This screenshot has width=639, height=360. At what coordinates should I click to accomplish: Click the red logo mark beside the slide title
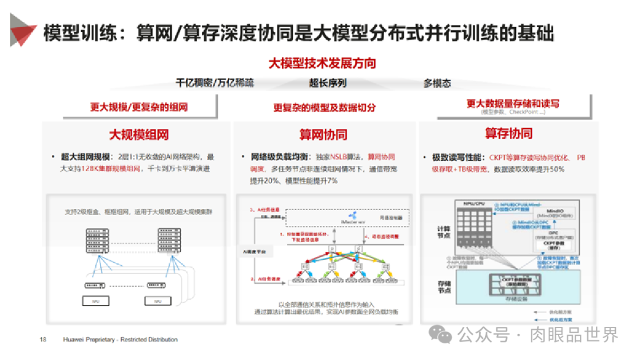(x=22, y=29)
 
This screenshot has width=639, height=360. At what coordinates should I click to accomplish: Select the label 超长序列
(x=327, y=83)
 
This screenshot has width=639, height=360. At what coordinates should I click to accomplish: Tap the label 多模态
(x=437, y=83)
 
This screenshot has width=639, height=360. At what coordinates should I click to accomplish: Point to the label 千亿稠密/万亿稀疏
(x=215, y=83)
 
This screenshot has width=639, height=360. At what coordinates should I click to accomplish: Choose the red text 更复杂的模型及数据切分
(x=324, y=107)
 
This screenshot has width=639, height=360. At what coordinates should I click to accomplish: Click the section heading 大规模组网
(x=138, y=134)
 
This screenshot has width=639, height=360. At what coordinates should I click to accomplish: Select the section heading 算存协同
(x=508, y=133)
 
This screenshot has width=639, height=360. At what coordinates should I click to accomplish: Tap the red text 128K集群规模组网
(x=108, y=169)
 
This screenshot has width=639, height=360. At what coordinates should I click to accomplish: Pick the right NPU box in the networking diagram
(x=158, y=301)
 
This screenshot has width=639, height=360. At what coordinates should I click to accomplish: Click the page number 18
(x=43, y=339)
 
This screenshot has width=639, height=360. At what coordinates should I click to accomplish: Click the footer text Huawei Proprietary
(x=89, y=339)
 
